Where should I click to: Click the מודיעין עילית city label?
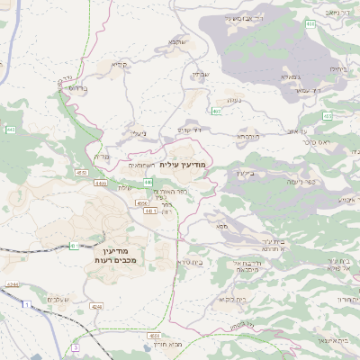[184, 166]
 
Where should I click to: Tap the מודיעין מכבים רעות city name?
[114, 254]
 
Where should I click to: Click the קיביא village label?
[119, 65]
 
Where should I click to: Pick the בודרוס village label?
[75, 90]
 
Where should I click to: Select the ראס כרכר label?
[317, 141]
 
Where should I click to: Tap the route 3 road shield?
[76, 346]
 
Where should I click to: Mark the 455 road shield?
[216, 111]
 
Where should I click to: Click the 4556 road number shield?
[141, 203]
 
